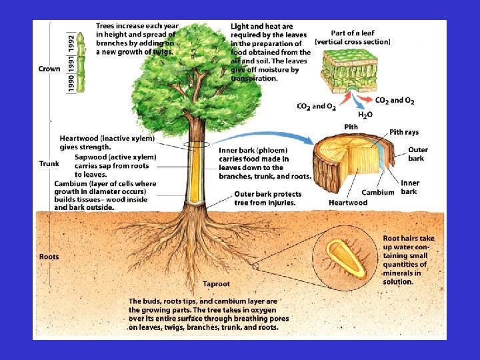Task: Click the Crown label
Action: [x=49, y=68]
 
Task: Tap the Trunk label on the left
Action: [x=49, y=163]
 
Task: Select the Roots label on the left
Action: [x=49, y=257]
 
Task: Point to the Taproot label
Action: [x=216, y=283]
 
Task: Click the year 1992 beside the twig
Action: [x=71, y=42]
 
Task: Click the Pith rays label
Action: [x=404, y=132]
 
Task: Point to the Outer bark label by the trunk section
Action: [x=418, y=154]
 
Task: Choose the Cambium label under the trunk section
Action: [x=377, y=193]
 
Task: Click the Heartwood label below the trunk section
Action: [x=348, y=203]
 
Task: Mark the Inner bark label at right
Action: [x=411, y=187]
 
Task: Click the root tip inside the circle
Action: [x=345, y=261]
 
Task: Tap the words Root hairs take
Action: [x=409, y=238]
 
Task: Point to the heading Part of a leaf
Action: [x=353, y=33]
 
